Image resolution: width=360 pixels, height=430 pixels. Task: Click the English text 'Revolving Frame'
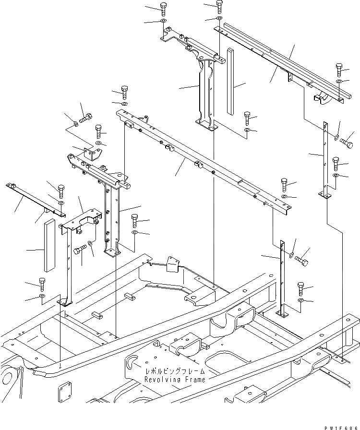click(x=175, y=380)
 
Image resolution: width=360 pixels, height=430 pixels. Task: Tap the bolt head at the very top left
click(x=163, y=7)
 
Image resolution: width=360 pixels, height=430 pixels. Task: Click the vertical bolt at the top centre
click(x=219, y=5)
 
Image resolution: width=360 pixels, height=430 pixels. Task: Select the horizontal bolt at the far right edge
click(x=347, y=143)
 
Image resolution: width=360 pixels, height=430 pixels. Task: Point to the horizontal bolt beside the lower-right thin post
click(x=302, y=261)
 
